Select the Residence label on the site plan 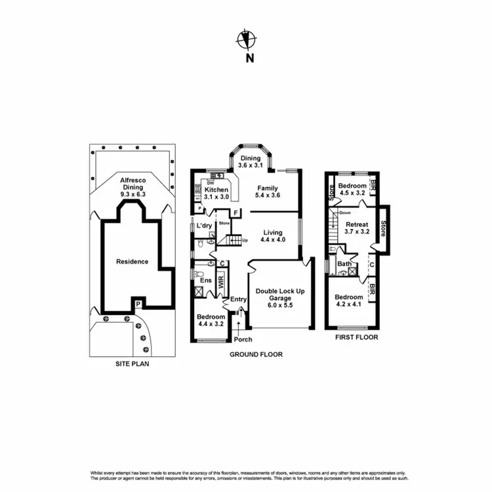[x=132, y=262]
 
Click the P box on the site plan [x=138, y=304]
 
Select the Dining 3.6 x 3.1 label [x=249, y=161]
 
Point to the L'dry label [x=205, y=226]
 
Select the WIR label [x=221, y=283]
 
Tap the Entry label [x=238, y=300]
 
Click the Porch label [x=243, y=339]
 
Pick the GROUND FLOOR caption [x=256, y=354]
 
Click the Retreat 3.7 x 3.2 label [x=353, y=228]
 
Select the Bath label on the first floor [x=344, y=264]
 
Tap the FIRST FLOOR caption [x=356, y=337]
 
